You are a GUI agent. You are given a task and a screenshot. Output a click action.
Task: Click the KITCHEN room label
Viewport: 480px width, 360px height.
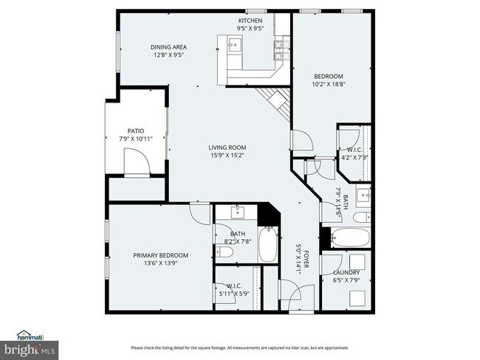click(250, 20)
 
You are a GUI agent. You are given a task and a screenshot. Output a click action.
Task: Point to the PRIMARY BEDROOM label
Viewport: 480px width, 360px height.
click(160, 255)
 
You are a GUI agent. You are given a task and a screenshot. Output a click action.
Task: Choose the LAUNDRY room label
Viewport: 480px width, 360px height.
click(346, 272)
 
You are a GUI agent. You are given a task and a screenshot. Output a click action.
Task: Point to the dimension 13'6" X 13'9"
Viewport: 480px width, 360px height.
click(160, 263)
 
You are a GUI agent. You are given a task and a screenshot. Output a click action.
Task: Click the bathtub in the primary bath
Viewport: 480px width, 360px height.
click(268, 244)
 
